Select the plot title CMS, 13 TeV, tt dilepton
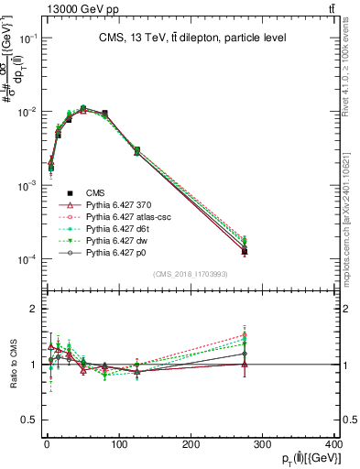click(x=191, y=38)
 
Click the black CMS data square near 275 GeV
click(x=245, y=251)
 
